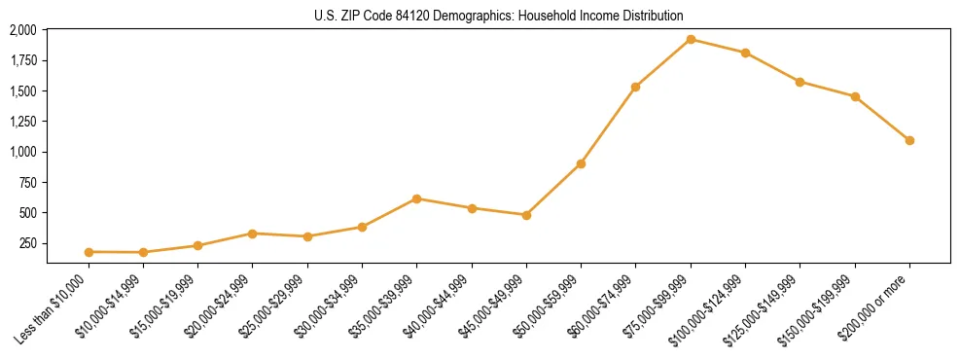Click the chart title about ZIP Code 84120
coord(498,17)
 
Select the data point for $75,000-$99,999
coord(691,40)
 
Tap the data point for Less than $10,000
coord(89,252)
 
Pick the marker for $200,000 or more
coord(909,140)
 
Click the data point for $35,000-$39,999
coord(416,198)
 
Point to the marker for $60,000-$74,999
coord(635,87)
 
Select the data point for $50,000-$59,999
coord(581,163)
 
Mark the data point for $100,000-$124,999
coord(745,53)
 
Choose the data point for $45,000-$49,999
coord(526,215)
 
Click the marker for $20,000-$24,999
coord(252,234)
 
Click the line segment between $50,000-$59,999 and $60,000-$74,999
coord(608,126)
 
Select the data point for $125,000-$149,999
coord(800,82)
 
